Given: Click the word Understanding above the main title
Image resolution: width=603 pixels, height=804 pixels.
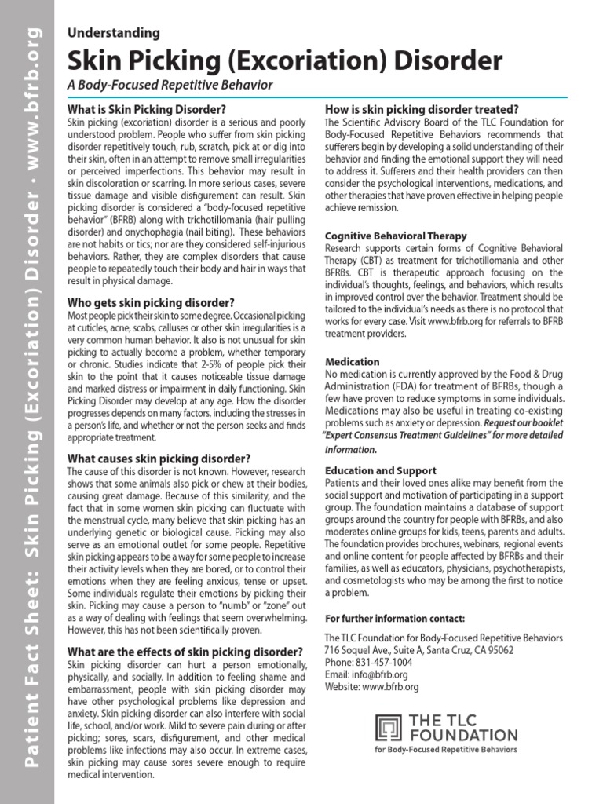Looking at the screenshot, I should click(114, 33).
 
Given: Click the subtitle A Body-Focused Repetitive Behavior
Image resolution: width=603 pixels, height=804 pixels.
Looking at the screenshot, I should click(170, 85).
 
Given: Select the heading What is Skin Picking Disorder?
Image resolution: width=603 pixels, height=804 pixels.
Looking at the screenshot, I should click(147, 110).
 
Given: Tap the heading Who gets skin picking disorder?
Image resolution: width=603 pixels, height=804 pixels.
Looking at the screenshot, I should click(151, 302).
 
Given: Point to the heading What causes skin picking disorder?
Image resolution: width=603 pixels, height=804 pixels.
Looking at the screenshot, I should click(159, 459).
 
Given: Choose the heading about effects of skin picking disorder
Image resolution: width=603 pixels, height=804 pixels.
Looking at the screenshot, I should click(185, 652).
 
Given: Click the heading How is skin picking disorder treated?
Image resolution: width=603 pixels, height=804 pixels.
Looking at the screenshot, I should click(422, 109).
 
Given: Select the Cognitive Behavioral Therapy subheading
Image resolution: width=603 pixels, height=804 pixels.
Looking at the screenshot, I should click(396, 236).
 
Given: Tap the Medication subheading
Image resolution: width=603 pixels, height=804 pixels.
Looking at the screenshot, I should click(353, 362).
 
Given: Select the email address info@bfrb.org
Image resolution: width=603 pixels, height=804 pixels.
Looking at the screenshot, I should click(380, 674).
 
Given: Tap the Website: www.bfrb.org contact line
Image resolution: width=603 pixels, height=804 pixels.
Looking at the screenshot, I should click(371, 687).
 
